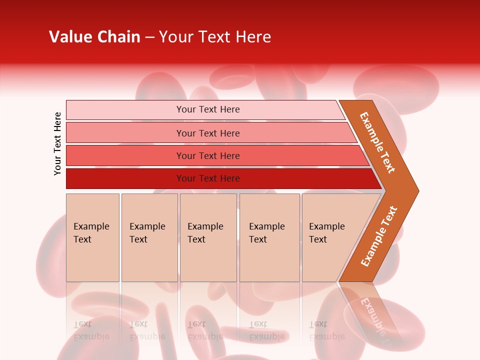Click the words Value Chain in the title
[94, 37]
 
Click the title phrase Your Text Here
[215, 37]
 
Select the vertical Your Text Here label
[57, 143]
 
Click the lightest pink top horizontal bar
[125, 110]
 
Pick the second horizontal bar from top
[125, 133]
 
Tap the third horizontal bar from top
[125, 156]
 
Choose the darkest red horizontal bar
[125, 178]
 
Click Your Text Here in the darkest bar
[208, 178]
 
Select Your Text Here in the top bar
[208, 109]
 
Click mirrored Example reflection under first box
[91, 336]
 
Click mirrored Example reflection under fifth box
[327, 336]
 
